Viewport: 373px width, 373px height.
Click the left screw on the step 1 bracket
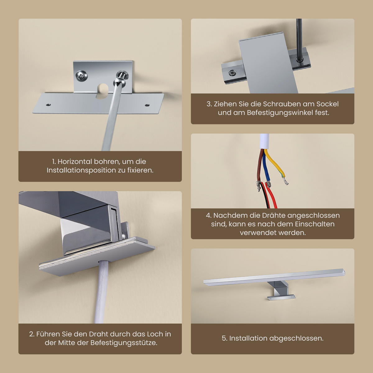coord(82,76)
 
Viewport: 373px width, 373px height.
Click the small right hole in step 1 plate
coord(147,105)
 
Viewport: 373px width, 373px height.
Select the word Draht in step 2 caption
coord(99,334)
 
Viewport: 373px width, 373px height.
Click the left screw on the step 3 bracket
coord(232,73)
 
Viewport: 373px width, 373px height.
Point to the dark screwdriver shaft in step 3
coord(299,37)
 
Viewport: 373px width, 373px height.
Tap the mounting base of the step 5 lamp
coord(282,297)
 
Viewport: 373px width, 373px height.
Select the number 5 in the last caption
coord(224,338)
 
